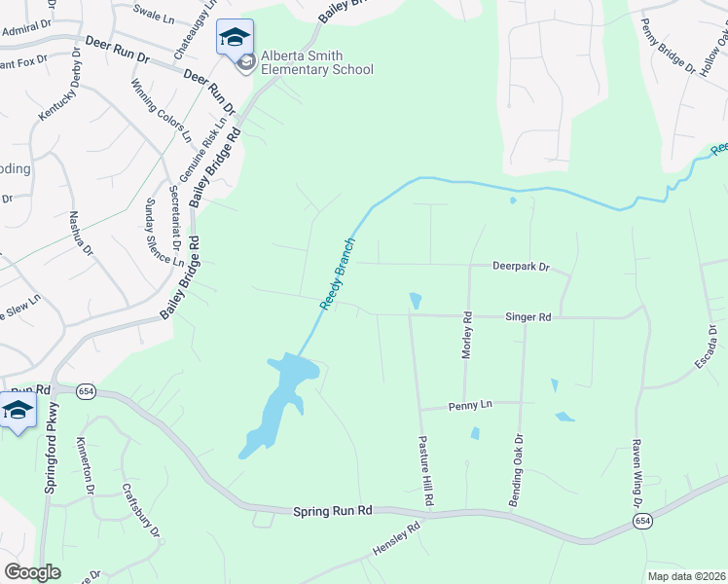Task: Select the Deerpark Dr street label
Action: pyautogui.click(x=521, y=266)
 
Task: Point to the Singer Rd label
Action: pyautogui.click(x=528, y=317)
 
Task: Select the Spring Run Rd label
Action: pyautogui.click(x=333, y=510)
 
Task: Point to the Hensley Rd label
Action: pyautogui.click(x=396, y=539)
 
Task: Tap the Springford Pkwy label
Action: pyautogui.click(x=51, y=448)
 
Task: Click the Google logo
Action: pyautogui.click(x=33, y=572)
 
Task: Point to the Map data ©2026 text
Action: pyautogui.click(x=685, y=576)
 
